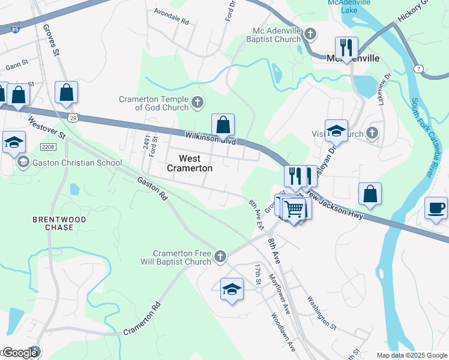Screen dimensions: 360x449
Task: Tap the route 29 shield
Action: pyautogui.click(x=73, y=118)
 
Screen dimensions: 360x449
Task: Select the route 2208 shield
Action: pyautogui.click(x=48, y=147)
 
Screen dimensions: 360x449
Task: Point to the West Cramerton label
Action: pyautogui.click(x=189, y=163)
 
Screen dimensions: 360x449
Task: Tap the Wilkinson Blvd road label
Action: pyautogui.click(x=210, y=137)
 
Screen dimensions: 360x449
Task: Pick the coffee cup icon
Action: pyautogui.click(x=436, y=208)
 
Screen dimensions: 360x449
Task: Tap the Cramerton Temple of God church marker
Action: pyautogui.click(x=197, y=104)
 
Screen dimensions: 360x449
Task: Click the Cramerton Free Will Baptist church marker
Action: pyautogui.click(x=220, y=257)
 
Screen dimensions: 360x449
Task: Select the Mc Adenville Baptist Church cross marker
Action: pyautogui.click(x=310, y=34)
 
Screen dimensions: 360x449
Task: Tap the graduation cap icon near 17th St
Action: pyautogui.click(x=232, y=290)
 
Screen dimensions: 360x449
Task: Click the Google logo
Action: pyautogui.click(x=19, y=353)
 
